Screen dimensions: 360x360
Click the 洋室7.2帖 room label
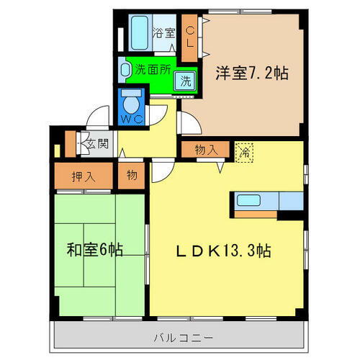tap(251, 73)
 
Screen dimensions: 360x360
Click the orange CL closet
tap(191, 37)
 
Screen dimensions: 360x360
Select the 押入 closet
tap(84, 175)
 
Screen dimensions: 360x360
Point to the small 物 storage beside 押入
tap(131, 175)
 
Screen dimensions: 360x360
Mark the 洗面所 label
tap(153, 70)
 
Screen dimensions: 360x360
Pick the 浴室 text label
tap(164, 32)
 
